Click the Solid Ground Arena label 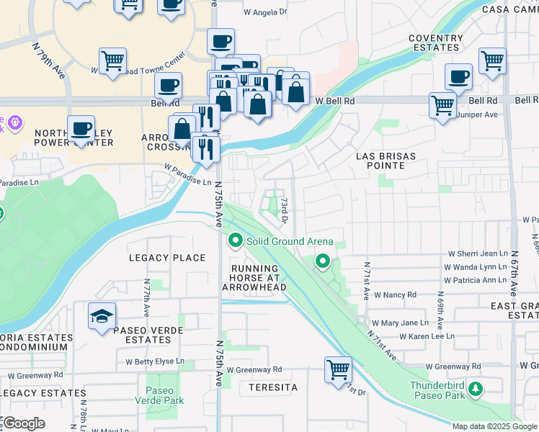tap(290, 242)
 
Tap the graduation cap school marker tap(102, 316)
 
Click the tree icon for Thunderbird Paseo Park tap(475, 390)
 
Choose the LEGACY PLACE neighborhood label tap(167, 258)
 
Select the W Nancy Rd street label tap(392, 294)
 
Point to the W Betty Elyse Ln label tap(155, 361)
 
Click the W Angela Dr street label tap(265, 12)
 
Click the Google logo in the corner tap(24, 423)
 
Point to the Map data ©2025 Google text tap(494, 426)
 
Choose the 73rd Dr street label tap(285, 210)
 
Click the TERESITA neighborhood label tap(273, 387)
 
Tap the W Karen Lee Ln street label tap(427, 336)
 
